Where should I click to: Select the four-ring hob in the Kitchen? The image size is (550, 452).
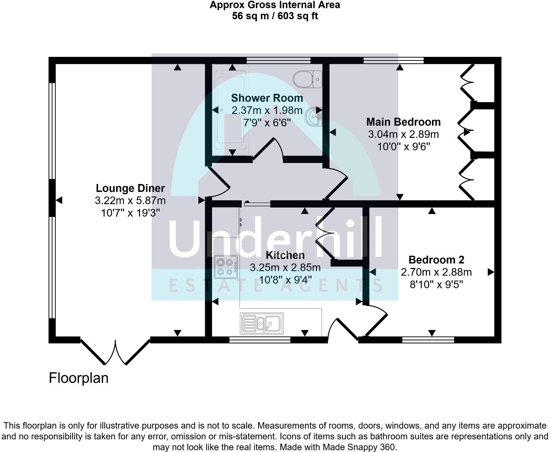pos(226,267)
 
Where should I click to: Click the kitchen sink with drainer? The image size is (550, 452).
pos(262,322)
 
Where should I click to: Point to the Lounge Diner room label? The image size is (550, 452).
pos(130,188)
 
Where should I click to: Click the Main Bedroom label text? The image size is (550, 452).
pos(403,122)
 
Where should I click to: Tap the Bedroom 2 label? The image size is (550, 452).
pos(436,260)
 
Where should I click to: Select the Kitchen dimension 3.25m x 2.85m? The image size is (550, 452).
pos(285,268)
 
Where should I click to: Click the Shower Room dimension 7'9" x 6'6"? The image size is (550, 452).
pos(267,123)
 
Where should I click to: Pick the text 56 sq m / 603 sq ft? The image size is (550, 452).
pos(275,16)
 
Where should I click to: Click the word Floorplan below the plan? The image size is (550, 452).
pos(79,378)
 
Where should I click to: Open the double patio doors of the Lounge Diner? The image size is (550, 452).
pos(115,351)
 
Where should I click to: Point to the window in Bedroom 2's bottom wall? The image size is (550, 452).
pos(428,340)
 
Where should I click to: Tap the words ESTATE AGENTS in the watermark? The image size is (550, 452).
pos(275,285)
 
